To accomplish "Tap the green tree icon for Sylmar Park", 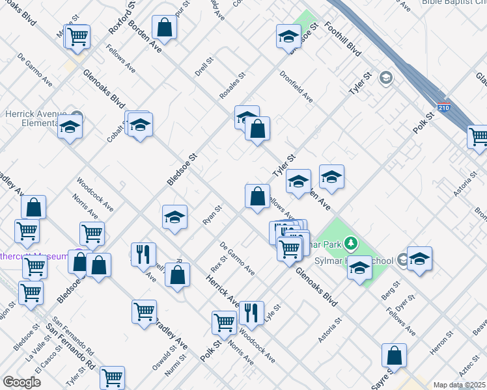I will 352,244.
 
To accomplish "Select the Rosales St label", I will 232,86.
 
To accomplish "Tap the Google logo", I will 21,382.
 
